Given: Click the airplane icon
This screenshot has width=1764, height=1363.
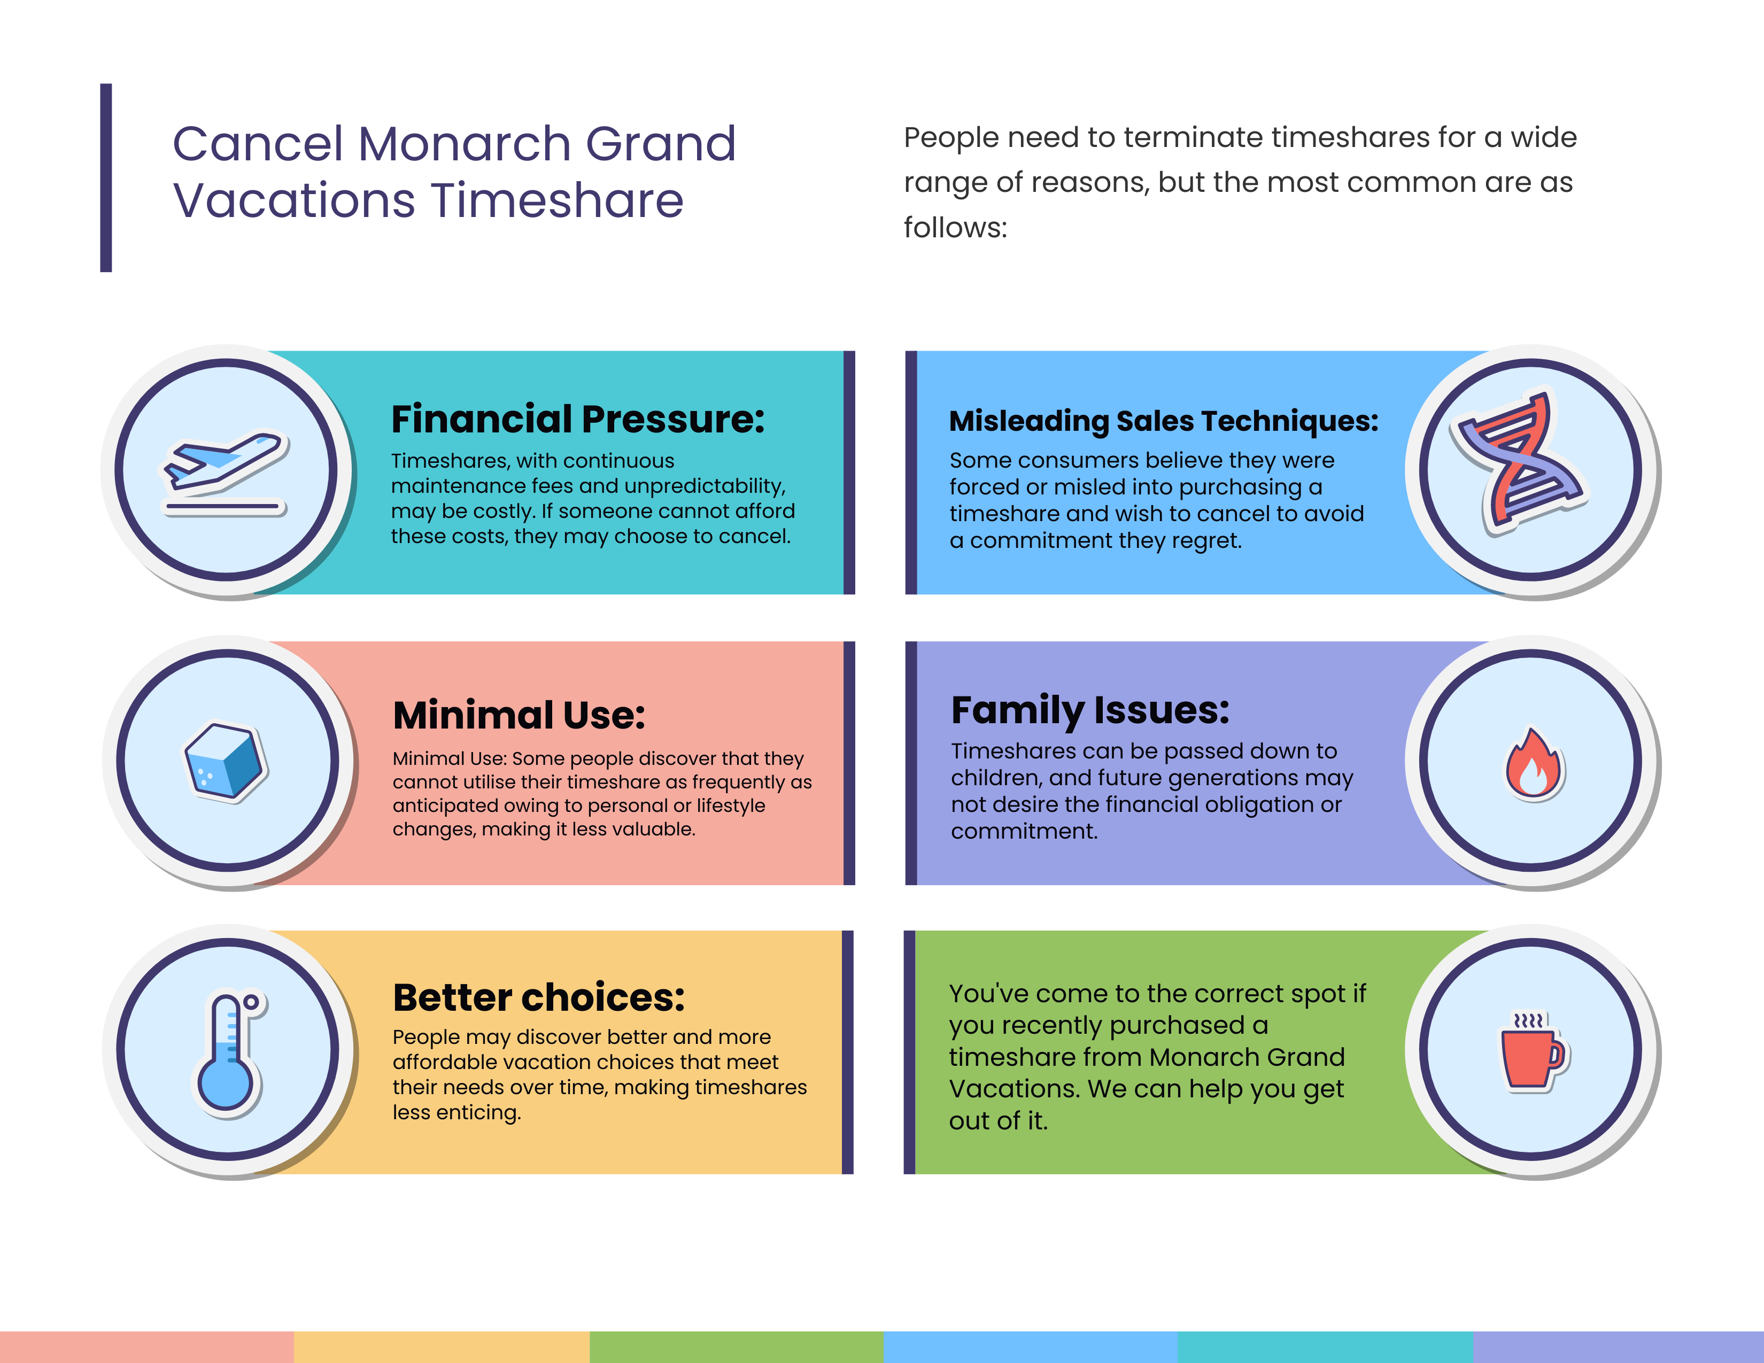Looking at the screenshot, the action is [226, 473].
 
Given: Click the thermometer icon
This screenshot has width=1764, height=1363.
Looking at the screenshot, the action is [229, 1054].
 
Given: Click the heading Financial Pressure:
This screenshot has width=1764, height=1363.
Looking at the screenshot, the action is [577, 419].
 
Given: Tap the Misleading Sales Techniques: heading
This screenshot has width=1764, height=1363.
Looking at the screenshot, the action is [1163, 421].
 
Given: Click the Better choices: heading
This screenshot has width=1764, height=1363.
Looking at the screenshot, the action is [539, 997].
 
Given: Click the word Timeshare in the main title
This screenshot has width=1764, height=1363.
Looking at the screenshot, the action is [558, 200].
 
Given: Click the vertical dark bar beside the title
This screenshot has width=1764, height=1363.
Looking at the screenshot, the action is [106, 177].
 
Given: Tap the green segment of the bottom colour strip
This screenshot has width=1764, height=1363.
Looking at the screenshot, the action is [737, 1347].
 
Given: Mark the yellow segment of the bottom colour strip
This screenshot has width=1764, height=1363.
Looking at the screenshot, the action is [442, 1347].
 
